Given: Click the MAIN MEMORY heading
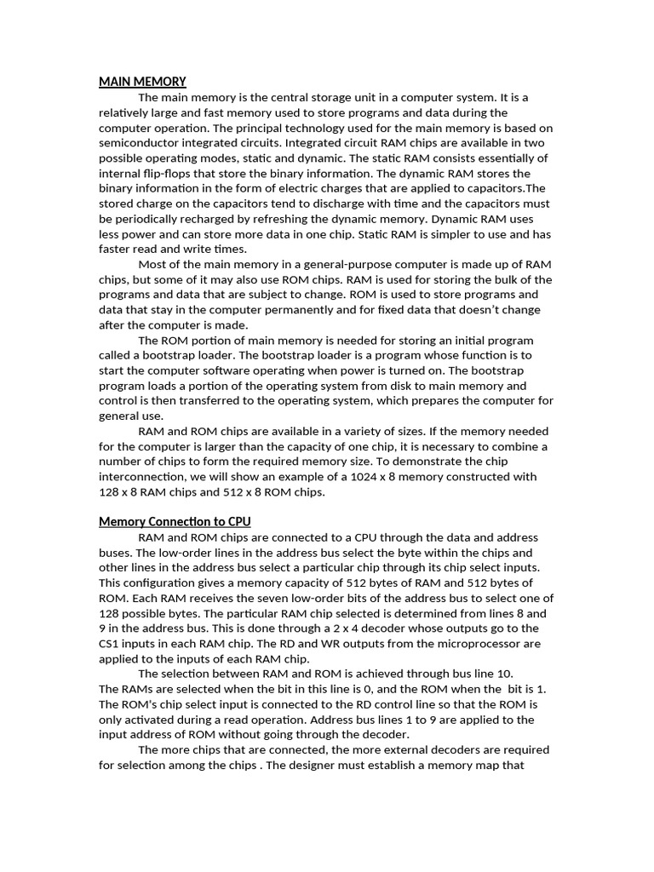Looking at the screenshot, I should point(142,82).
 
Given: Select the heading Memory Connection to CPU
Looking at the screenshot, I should point(175,521).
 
